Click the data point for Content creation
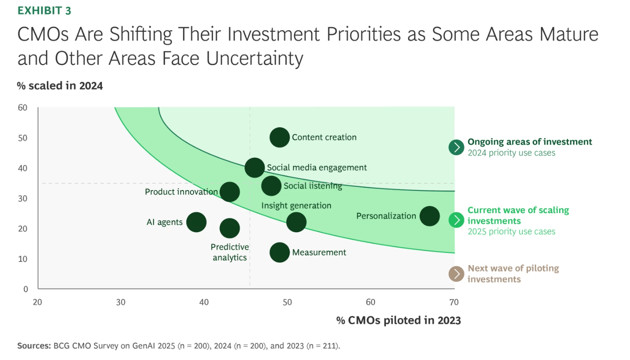[x=280, y=137]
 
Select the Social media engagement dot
[x=255, y=167]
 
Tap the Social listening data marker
[x=271, y=185]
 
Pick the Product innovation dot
[x=230, y=192]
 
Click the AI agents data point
[x=196, y=222]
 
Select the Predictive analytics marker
[x=230, y=228]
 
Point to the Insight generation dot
[x=296, y=222]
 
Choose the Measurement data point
[x=280, y=252]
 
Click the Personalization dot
[x=430, y=216]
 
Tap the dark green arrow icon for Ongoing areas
[x=456, y=147]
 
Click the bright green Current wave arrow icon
[x=456, y=220]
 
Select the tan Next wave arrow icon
[x=456, y=274]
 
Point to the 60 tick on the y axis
[x=23, y=108]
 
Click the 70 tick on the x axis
[x=453, y=302]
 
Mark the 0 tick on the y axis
[x=25, y=289]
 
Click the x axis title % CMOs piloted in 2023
[x=398, y=320]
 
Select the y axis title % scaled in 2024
[x=60, y=85]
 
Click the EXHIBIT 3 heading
[x=44, y=11]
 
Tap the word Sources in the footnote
[x=34, y=346]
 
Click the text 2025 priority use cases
[x=511, y=231]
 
